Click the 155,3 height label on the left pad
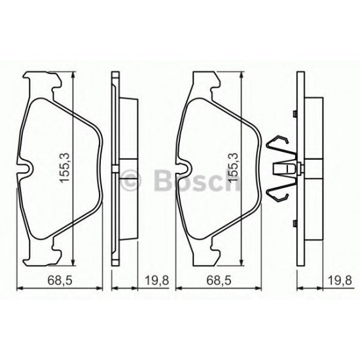pos(65,168)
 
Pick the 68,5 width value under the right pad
pos(220,283)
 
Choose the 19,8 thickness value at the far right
pos(334,283)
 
